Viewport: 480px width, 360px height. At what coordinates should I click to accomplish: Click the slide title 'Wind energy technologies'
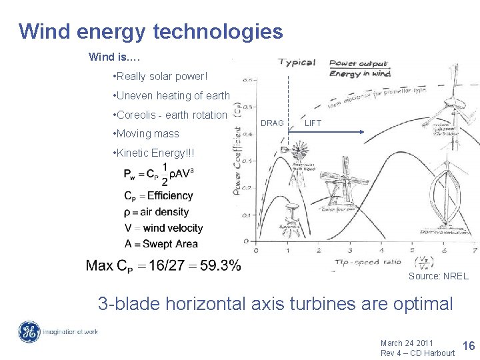151,31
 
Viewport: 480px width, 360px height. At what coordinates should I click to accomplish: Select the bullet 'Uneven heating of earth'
172,96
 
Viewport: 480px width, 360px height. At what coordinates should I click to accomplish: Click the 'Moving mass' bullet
147,134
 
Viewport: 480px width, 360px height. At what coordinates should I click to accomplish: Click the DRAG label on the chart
272,123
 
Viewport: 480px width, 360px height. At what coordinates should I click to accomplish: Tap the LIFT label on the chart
312,123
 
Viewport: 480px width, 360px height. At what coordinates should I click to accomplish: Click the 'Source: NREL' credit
438,276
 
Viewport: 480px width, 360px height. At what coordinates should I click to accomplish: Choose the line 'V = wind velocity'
163,228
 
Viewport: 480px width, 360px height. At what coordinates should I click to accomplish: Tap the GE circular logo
29,332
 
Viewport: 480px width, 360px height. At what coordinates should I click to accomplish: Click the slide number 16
468,345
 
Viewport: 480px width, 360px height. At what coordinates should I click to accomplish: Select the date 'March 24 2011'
407,343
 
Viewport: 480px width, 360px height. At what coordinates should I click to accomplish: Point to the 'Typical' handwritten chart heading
297,63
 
